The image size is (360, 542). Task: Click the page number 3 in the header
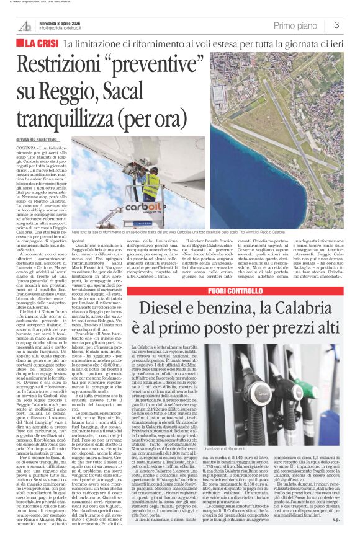click(336, 25)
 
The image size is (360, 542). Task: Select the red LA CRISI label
click(37, 44)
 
